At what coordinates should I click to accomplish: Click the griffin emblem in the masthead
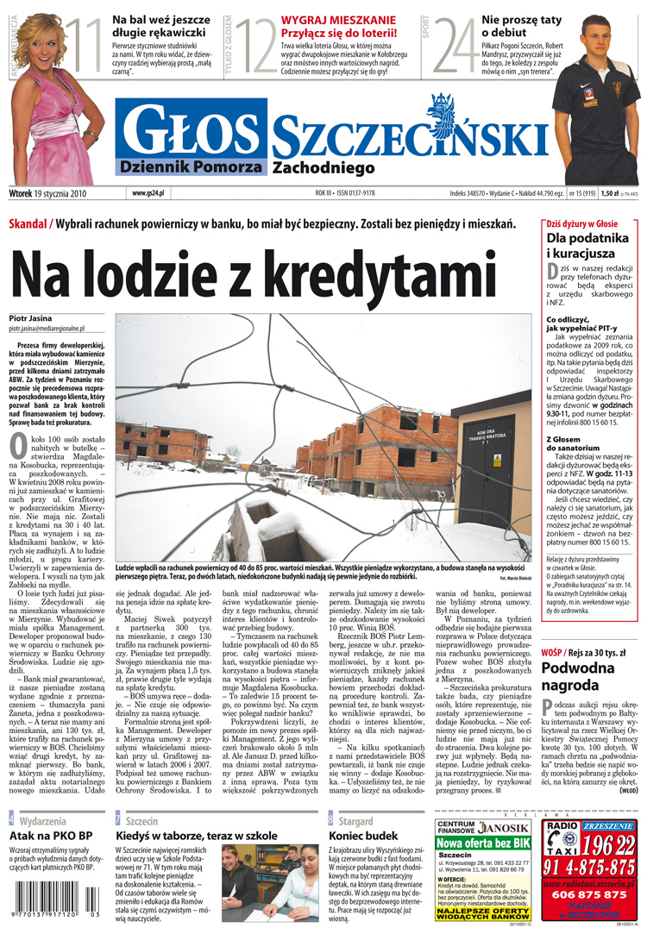pos(444,112)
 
